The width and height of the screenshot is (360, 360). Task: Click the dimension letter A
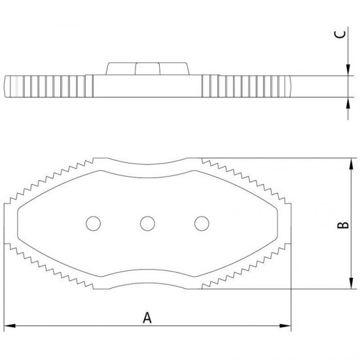[x=147, y=317]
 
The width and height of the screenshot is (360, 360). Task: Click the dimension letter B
[x=343, y=225]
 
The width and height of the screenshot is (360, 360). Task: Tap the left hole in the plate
[x=93, y=223]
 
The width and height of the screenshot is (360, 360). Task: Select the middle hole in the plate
[x=147, y=223]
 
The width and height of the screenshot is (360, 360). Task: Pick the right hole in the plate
[x=202, y=223]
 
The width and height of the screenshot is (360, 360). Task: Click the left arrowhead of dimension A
[x=10, y=325]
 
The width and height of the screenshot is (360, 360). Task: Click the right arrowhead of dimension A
[x=285, y=325]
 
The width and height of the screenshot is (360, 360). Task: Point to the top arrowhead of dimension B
[x=351, y=164]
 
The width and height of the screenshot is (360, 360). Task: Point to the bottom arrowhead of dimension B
[x=351, y=283]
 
